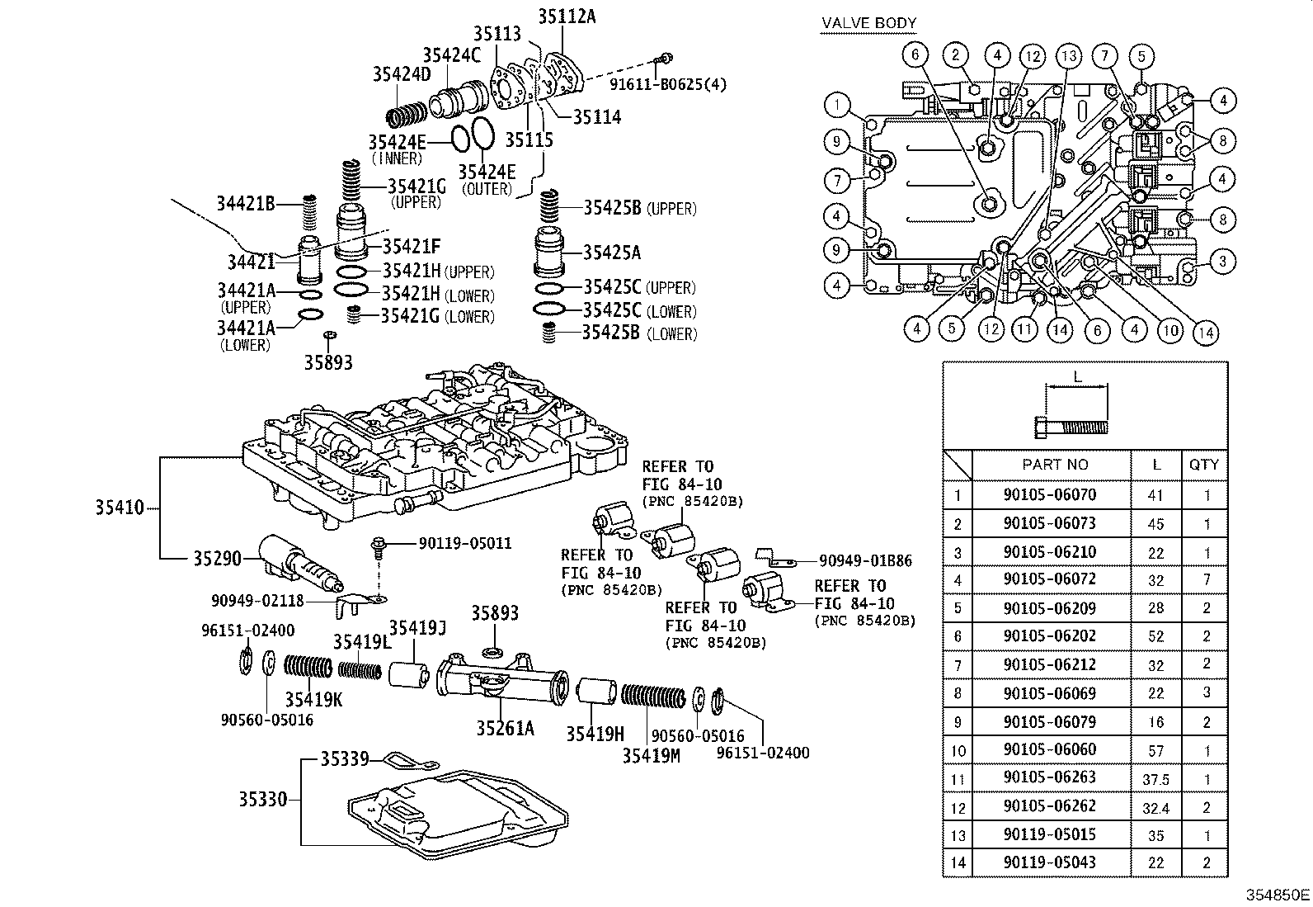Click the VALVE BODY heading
pyautogui.click(x=869, y=24)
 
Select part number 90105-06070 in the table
pyautogui.click(x=1050, y=495)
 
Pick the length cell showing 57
pyautogui.click(x=1155, y=750)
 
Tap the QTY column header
pyautogui.click(x=1203, y=465)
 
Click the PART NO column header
pyautogui.click(x=1055, y=465)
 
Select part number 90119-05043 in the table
pyautogui.click(x=1050, y=862)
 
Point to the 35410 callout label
pyautogui.click(x=119, y=508)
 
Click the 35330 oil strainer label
pyautogui.click(x=263, y=799)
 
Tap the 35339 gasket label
pyautogui.click(x=345, y=758)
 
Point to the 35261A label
pyautogui.click(x=505, y=728)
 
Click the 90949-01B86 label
pyautogui.click(x=865, y=560)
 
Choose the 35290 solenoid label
pyautogui.click(x=217, y=559)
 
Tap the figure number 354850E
pyautogui.click(x=1278, y=894)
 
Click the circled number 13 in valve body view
pyautogui.click(x=1070, y=57)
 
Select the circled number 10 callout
pyautogui.click(x=1169, y=330)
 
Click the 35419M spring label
pyautogui.click(x=651, y=754)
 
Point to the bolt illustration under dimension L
pyautogui.click(x=1071, y=428)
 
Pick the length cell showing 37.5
pyautogui.click(x=1155, y=779)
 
